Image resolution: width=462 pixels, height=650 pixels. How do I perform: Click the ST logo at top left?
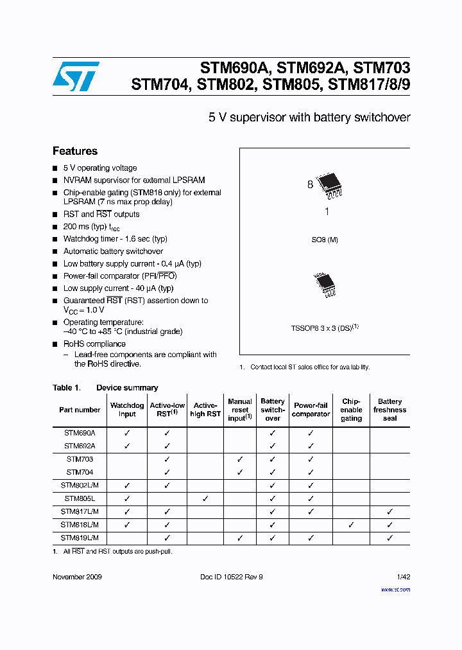pyautogui.click(x=76, y=76)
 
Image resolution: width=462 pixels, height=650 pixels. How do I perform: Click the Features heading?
pyautogui.click(x=75, y=152)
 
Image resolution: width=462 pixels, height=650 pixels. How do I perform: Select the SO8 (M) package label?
pyautogui.click(x=325, y=240)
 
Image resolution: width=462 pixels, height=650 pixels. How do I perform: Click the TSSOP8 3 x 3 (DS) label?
pyautogui.click(x=325, y=328)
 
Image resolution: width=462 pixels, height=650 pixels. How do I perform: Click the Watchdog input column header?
pyautogui.click(x=127, y=410)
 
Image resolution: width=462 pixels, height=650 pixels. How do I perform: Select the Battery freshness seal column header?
pyautogui.click(x=389, y=410)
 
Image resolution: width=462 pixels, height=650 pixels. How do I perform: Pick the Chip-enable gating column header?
pyautogui.click(x=351, y=410)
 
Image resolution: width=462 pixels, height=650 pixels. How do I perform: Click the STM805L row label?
pyautogui.click(x=80, y=498)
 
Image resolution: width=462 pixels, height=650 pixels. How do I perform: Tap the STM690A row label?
pyautogui.click(x=80, y=434)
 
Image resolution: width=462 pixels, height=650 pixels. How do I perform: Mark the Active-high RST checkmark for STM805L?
pyautogui.click(x=205, y=498)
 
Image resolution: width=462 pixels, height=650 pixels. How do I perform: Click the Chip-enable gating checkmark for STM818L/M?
pyautogui.click(x=351, y=525)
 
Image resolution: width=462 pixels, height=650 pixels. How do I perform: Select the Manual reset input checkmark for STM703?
pyautogui.click(x=240, y=460)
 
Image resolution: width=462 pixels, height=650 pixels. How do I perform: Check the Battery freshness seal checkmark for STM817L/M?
pyautogui.click(x=389, y=512)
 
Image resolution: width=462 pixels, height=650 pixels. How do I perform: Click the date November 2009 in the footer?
pyautogui.click(x=77, y=577)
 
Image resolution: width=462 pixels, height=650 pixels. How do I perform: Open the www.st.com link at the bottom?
pyautogui.click(x=395, y=589)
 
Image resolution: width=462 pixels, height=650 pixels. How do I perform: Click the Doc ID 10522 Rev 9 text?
pyautogui.click(x=232, y=577)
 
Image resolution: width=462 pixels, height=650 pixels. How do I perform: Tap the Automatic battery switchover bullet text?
pyautogui.click(x=113, y=251)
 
